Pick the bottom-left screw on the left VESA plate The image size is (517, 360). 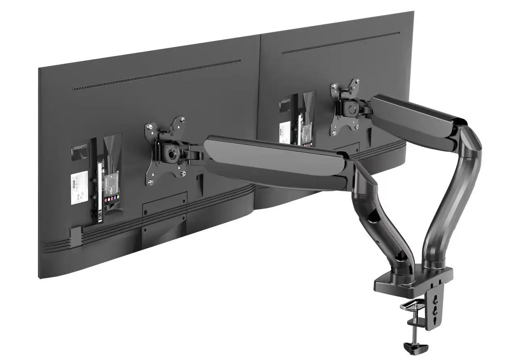point(151,182)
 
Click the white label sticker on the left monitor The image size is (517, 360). point(79,184)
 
